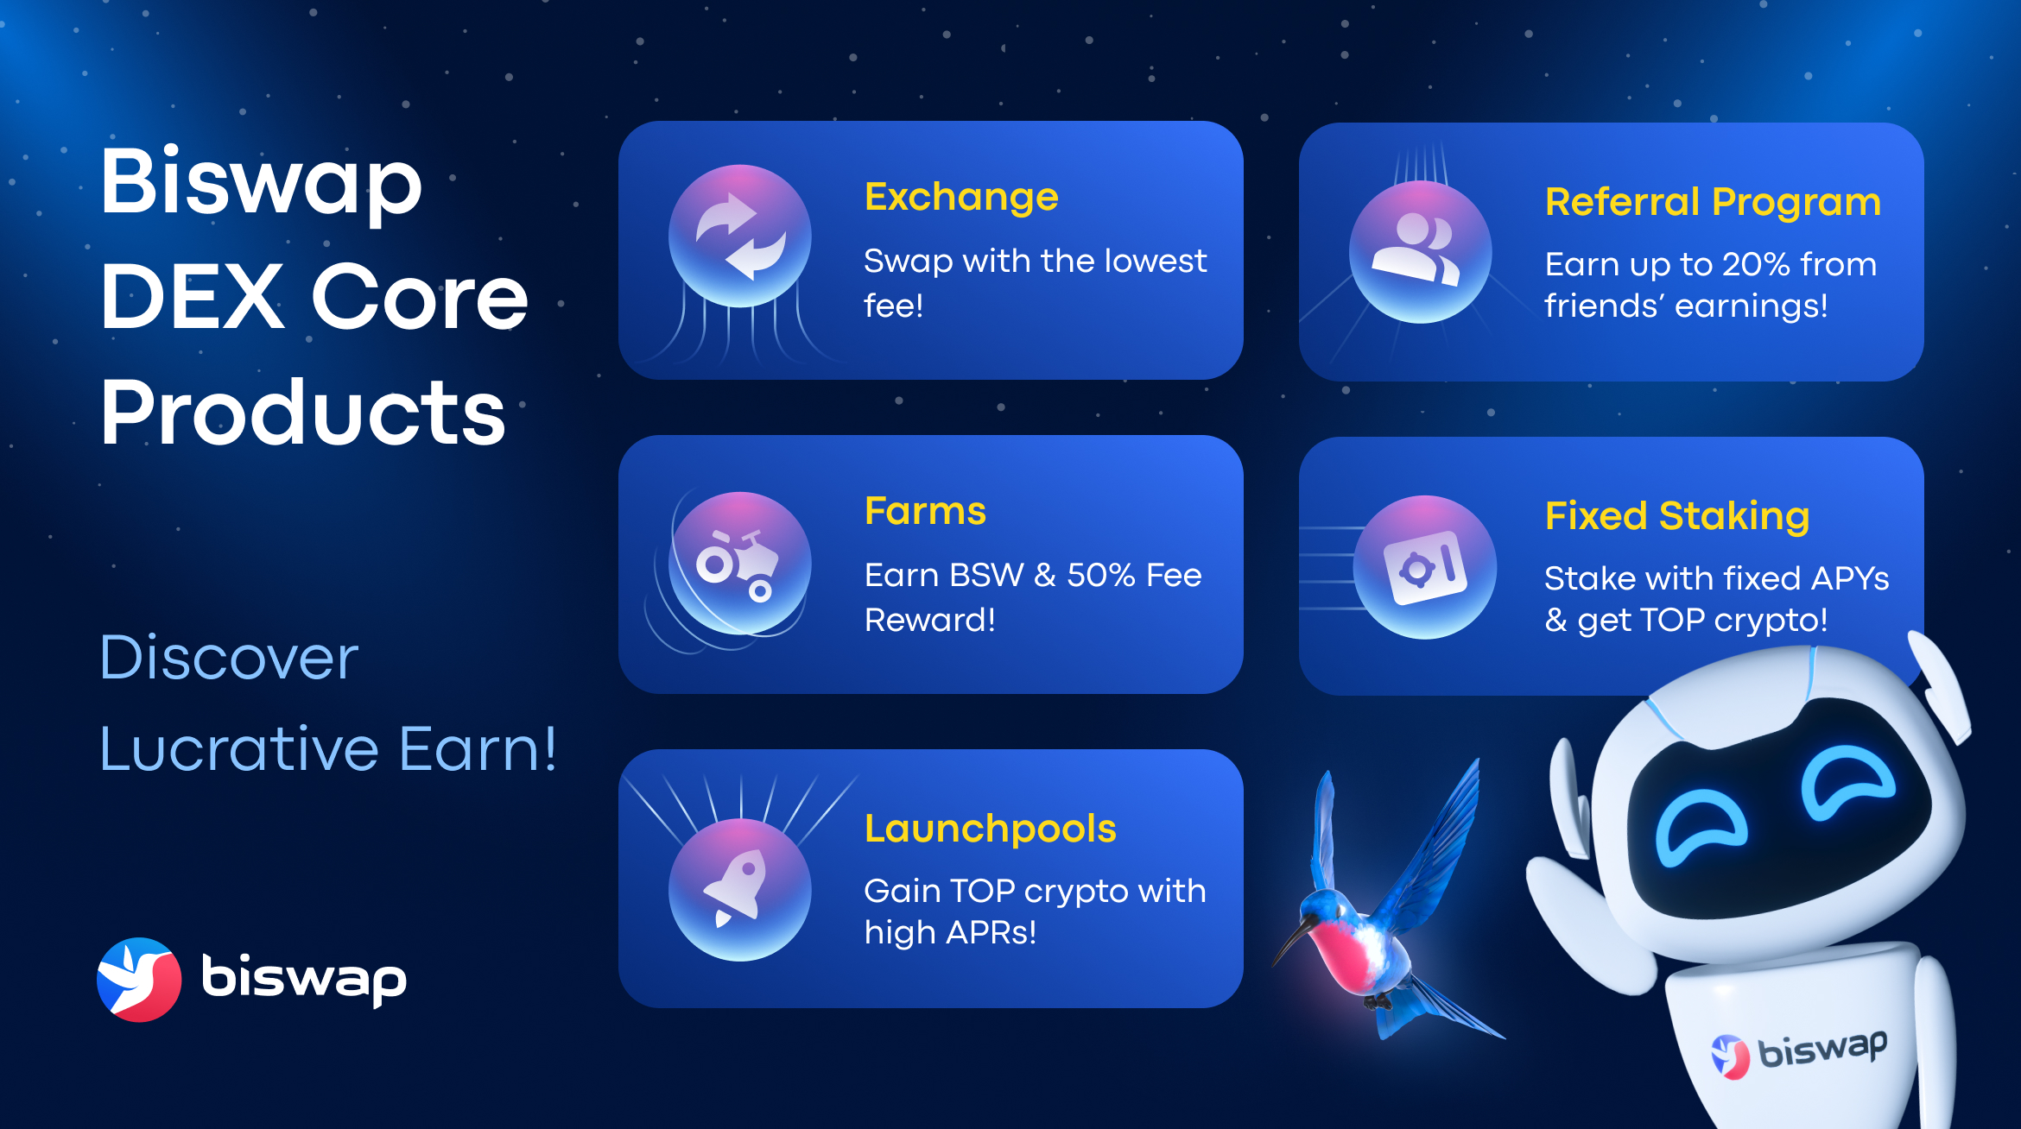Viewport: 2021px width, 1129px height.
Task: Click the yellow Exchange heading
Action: click(960, 198)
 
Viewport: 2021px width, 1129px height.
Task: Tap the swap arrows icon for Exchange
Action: click(740, 236)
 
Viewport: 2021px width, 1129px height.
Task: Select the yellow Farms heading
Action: click(925, 512)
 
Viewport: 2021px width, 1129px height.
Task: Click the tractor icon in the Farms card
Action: click(739, 564)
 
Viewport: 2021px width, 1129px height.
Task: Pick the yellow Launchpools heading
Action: click(990, 829)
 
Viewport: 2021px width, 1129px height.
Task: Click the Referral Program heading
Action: click(1712, 203)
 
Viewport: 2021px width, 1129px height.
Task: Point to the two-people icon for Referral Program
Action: click(1420, 251)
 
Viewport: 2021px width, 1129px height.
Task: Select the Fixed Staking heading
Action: click(1676, 516)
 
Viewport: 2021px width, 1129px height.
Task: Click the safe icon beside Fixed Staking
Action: click(1424, 567)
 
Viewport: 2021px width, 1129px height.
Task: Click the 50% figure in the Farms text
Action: click(1100, 576)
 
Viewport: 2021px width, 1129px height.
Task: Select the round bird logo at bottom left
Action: click(139, 980)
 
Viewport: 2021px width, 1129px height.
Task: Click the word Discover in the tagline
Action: click(229, 658)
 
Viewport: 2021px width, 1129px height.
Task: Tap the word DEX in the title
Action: click(192, 297)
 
